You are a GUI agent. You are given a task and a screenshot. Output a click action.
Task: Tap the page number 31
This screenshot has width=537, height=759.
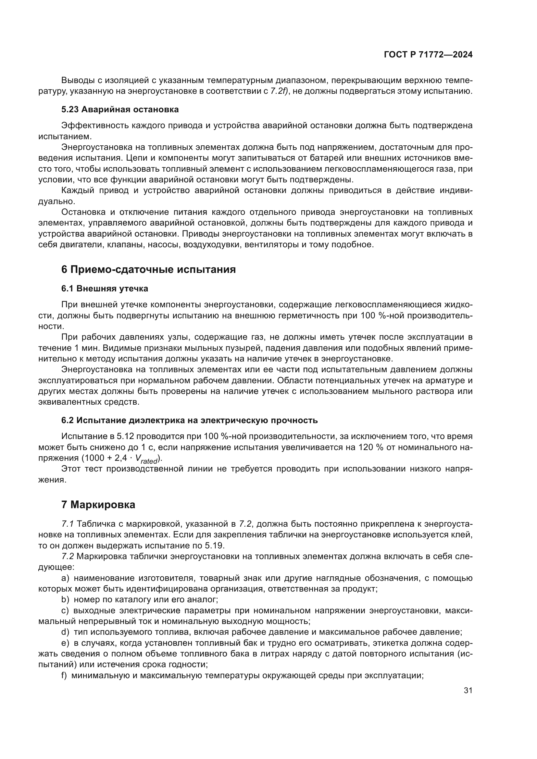(468, 690)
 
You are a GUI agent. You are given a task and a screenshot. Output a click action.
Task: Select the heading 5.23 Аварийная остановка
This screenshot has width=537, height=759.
(120, 109)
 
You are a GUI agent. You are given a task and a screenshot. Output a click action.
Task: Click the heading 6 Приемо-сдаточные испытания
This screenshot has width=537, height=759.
(148, 269)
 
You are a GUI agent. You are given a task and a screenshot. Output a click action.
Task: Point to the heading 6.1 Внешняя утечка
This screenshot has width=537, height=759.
(105, 288)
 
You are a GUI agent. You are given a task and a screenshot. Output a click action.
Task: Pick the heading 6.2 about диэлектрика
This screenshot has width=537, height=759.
(189, 421)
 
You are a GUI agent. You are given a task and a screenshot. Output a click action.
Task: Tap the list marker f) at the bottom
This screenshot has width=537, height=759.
(64, 675)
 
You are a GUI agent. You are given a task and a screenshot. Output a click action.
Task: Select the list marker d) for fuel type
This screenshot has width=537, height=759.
(65, 632)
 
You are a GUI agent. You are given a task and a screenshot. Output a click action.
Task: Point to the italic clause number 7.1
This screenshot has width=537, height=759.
(68, 524)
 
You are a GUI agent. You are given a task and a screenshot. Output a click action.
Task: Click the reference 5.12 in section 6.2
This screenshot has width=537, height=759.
(125, 436)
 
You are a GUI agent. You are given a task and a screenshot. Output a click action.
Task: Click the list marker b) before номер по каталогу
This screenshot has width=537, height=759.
(65, 600)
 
